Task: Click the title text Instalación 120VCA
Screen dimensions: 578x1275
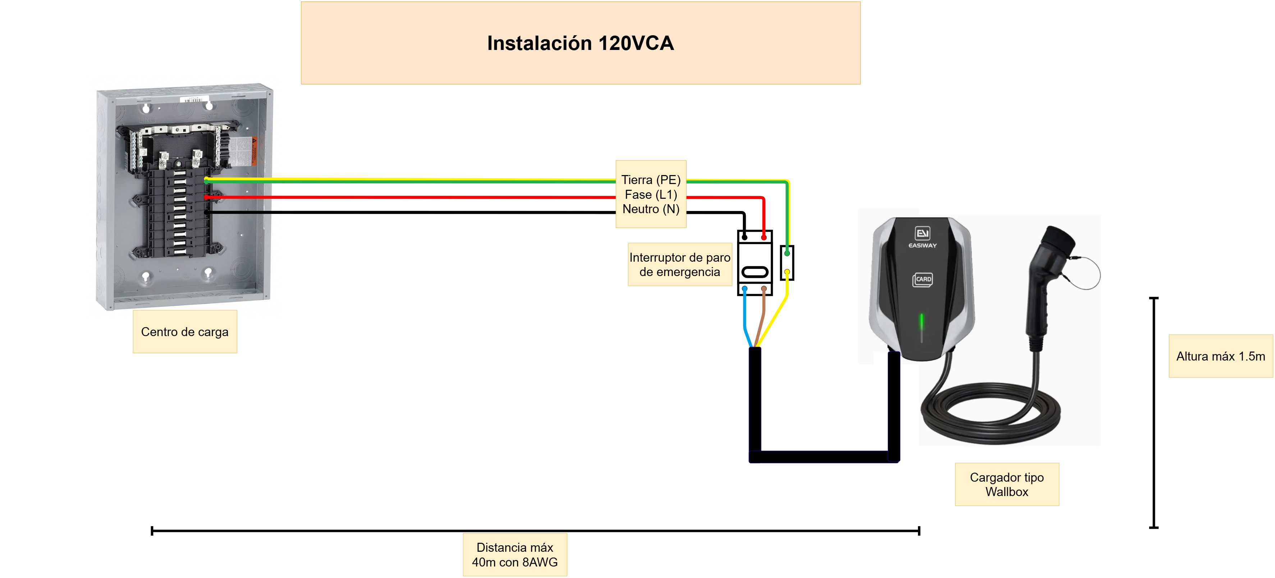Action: coord(580,43)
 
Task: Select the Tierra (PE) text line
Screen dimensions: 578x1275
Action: coord(651,180)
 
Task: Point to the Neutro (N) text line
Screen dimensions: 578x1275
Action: coord(651,209)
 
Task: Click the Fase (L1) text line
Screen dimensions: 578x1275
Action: coord(651,194)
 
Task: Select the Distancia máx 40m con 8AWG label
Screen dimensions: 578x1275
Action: coord(515,554)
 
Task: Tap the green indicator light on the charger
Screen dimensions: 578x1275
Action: coord(922,322)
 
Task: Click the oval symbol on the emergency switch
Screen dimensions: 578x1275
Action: coord(755,272)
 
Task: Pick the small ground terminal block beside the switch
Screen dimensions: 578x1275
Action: coord(787,263)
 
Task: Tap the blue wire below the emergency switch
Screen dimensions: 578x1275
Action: coord(745,319)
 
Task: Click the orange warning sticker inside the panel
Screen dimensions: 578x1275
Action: coord(254,151)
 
